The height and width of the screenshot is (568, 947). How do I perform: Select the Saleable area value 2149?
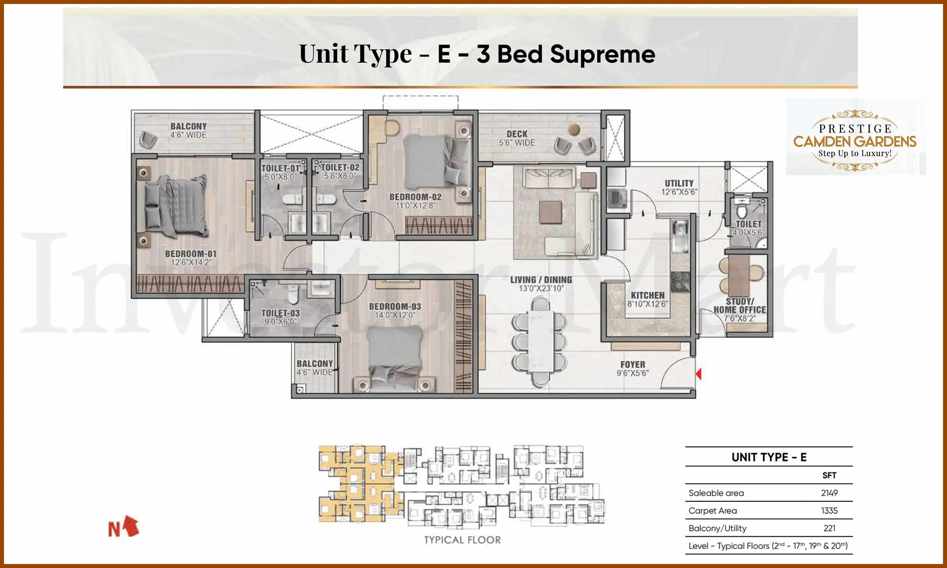pyautogui.click(x=829, y=493)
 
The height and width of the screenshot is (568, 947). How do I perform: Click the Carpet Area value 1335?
pyautogui.click(x=829, y=510)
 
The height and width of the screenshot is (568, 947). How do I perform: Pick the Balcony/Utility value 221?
pyautogui.click(x=829, y=528)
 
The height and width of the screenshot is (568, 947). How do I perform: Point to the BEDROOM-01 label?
pyautogui.click(x=191, y=254)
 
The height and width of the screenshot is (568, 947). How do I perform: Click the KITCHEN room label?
pyautogui.click(x=648, y=295)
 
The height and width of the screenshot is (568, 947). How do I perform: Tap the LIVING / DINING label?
pyautogui.click(x=541, y=280)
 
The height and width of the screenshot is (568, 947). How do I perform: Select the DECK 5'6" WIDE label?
pyautogui.click(x=517, y=138)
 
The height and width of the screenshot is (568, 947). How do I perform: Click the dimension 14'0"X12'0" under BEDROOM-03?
pyautogui.click(x=395, y=315)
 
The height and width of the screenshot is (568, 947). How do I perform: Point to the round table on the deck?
pyautogui.click(x=574, y=129)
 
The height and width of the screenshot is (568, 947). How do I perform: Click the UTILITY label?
pyautogui.click(x=679, y=183)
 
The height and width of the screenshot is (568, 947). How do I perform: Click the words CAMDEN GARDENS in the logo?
pyautogui.click(x=855, y=142)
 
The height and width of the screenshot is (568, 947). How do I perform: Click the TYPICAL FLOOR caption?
pyautogui.click(x=462, y=540)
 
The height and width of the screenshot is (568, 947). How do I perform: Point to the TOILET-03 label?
pyautogui.click(x=280, y=313)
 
